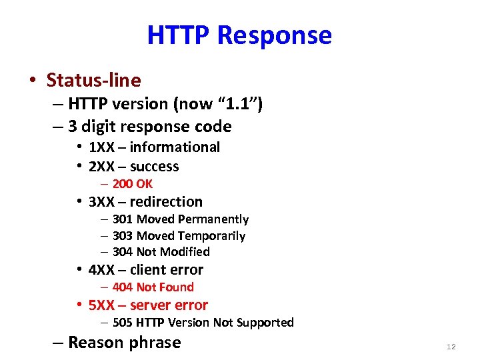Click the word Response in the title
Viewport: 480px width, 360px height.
coord(275,36)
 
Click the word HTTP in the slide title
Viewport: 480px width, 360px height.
coord(179,35)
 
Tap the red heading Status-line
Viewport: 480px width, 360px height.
coord(93,81)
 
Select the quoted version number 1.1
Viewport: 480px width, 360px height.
coord(238,104)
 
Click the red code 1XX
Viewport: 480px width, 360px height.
coord(101,147)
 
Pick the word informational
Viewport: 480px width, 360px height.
coord(175,147)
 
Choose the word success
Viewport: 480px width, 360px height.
coord(155,167)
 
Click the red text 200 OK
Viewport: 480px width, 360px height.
coord(132,184)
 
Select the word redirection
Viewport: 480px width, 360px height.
coord(166,202)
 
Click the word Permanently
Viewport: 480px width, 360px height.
coord(211,219)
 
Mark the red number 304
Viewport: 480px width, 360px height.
coord(123,252)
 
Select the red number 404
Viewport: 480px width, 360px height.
coord(123,287)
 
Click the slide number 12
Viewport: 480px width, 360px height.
coord(451,347)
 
